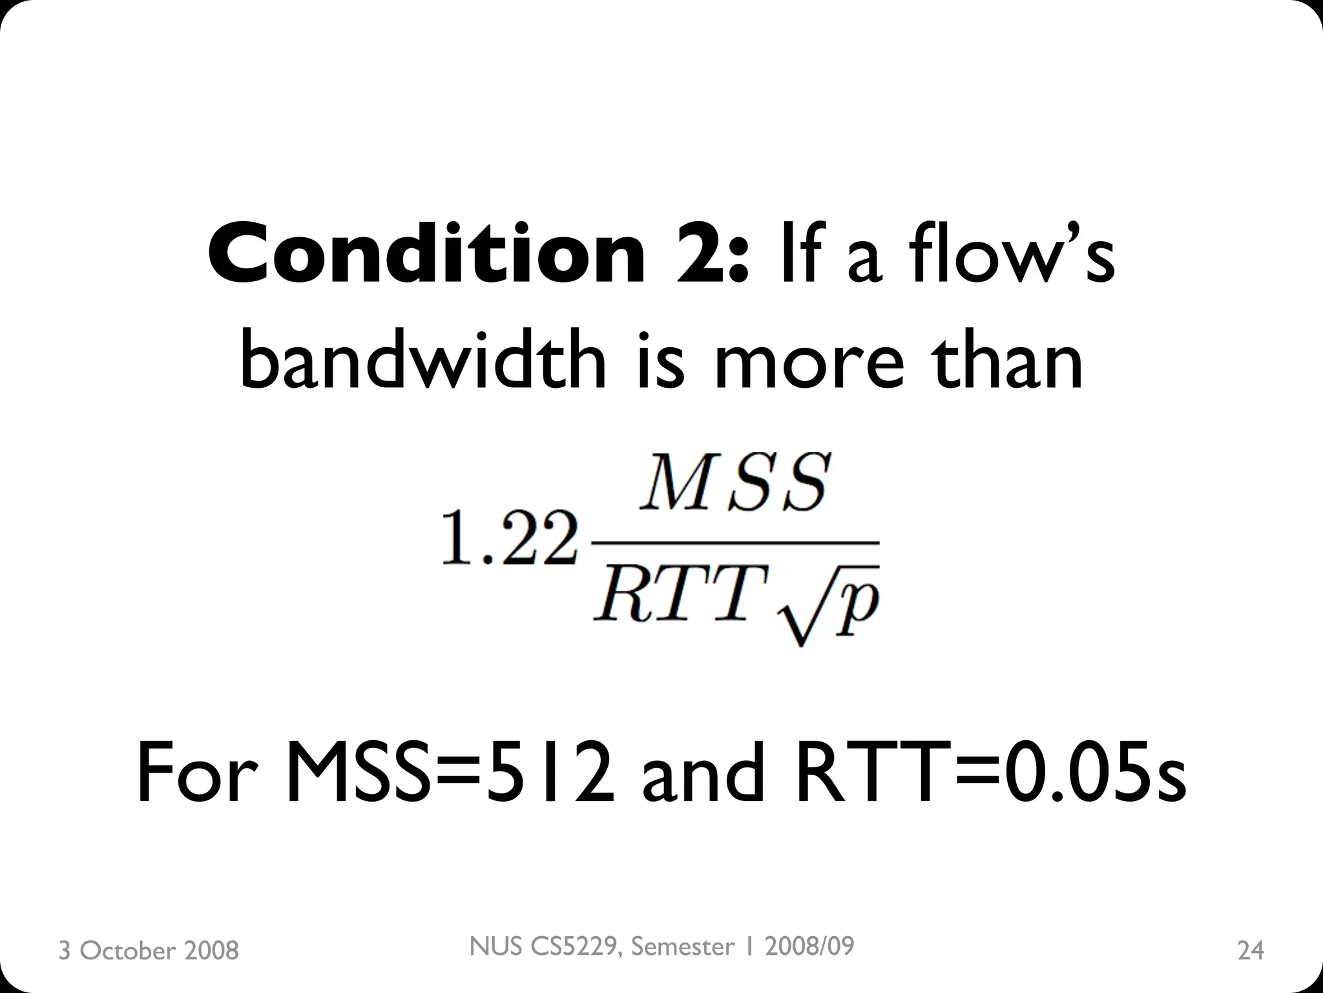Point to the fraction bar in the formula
735,541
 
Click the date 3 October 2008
149,950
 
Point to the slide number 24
1250,950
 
